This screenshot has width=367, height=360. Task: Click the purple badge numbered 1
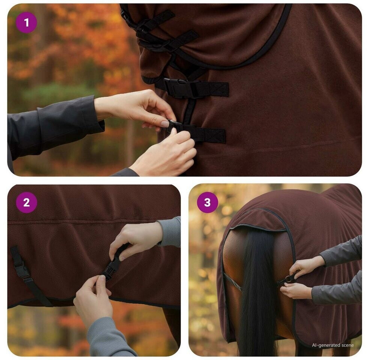[x=26, y=22]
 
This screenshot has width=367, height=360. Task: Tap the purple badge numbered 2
[x=26, y=202]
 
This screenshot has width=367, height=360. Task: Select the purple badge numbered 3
[x=208, y=202]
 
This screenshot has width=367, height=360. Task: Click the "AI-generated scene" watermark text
[x=332, y=345]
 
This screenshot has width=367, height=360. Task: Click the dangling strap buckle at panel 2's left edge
[x=22, y=269]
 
